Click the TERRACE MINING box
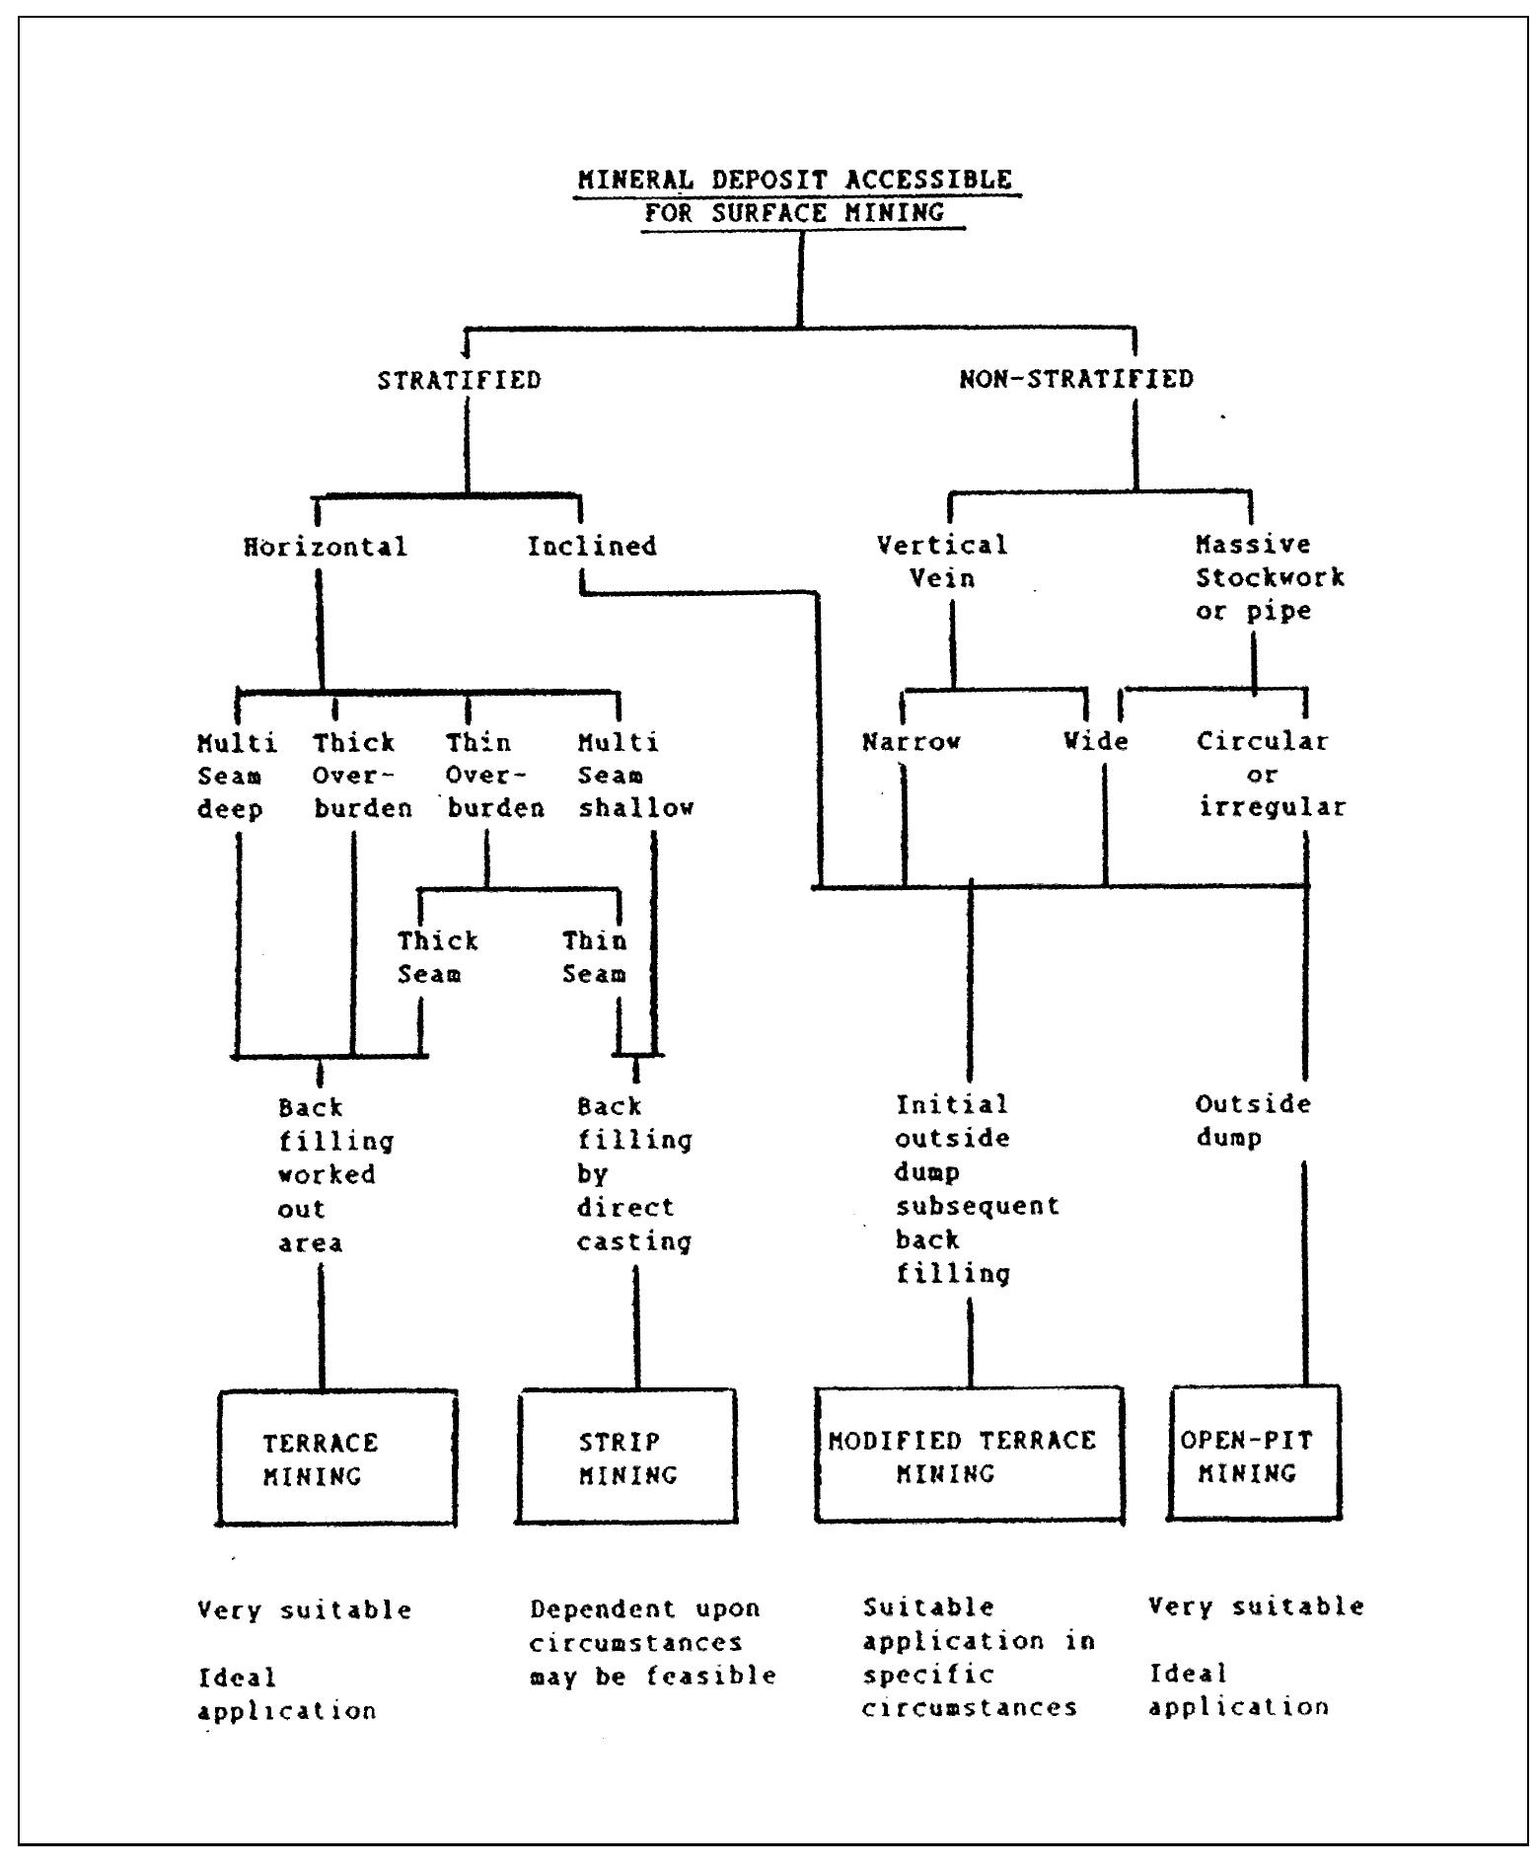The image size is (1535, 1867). click(x=336, y=1458)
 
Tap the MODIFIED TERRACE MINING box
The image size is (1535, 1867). click(x=969, y=1456)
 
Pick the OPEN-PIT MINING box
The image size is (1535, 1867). click(x=1255, y=1455)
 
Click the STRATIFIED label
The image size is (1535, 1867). click(x=459, y=380)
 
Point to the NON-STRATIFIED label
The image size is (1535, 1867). click(x=1075, y=379)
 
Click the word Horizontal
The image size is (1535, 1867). click(x=325, y=547)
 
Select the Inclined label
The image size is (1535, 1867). click(x=591, y=546)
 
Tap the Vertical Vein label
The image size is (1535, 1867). click(x=942, y=560)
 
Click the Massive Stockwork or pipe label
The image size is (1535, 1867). click(x=1269, y=577)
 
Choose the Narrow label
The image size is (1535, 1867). click(x=911, y=741)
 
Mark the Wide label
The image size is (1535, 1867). click(x=1095, y=740)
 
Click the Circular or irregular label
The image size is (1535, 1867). click(x=1271, y=774)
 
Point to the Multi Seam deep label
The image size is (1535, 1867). click(x=237, y=776)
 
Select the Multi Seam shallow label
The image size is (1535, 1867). click(x=635, y=775)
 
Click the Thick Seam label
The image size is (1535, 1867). click(x=437, y=957)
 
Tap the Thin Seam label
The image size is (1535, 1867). click(x=594, y=957)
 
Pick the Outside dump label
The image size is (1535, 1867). click(x=1252, y=1120)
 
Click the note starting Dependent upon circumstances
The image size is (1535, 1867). click(x=651, y=1642)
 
